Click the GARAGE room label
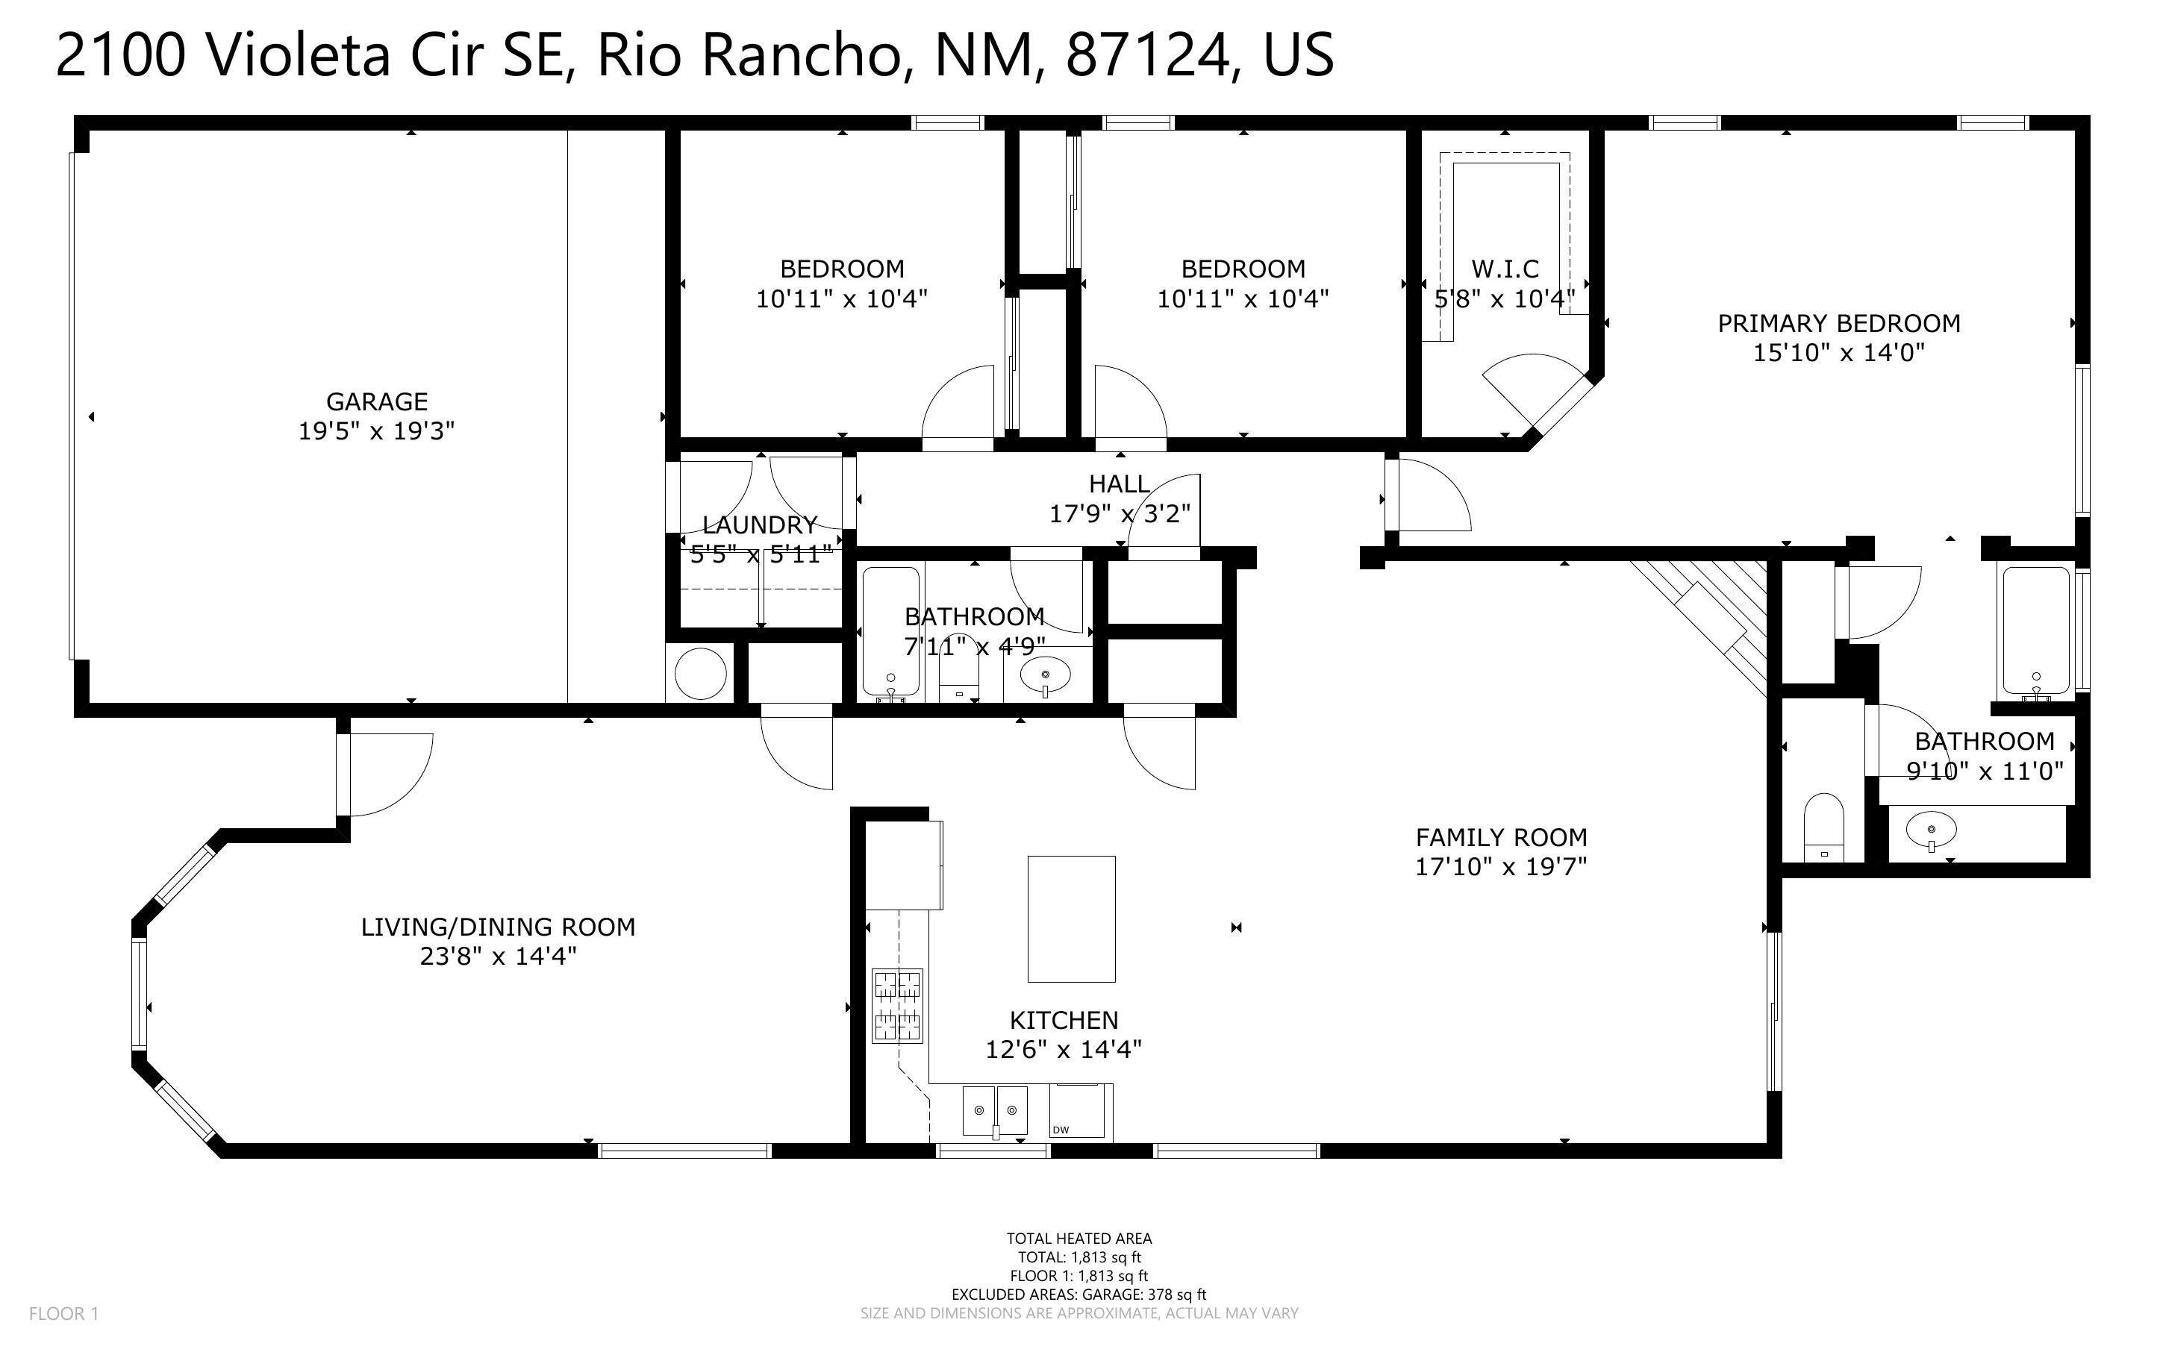[x=376, y=401]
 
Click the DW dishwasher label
[x=1060, y=1130]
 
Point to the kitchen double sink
[x=995, y=1111]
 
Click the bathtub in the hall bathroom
[x=890, y=632]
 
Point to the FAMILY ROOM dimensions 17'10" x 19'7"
[x=1502, y=866]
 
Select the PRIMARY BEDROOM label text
[x=1839, y=323]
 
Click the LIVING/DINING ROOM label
[x=498, y=927]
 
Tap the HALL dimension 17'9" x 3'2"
[x=1120, y=514]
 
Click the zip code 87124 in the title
[x=1146, y=54]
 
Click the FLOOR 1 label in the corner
[x=63, y=1313]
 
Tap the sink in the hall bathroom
[x=1045, y=674]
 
